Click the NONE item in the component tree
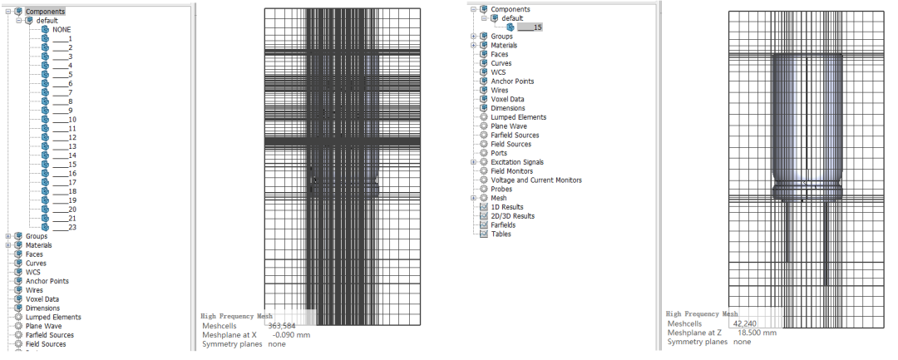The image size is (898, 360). coord(62,30)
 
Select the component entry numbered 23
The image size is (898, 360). coord(64,227)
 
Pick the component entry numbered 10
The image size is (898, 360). coord(64,120)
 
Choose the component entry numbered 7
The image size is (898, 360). coord(62,93)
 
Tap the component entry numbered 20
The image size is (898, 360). coord(64,210)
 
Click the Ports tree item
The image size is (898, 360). coord(499,153)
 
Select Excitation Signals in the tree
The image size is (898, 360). coord(517,163)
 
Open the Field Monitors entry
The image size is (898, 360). coord(512,171)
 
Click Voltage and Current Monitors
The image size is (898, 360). coord(536,180)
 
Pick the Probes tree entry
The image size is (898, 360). coord(501,190)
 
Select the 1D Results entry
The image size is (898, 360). coord(507,207)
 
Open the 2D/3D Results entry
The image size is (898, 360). coord(512,216)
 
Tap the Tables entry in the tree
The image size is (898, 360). coord(501,234)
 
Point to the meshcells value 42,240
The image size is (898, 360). coord(744,324)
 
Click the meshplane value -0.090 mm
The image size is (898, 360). coord(291,335)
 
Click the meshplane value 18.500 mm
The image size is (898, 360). coord(757,333)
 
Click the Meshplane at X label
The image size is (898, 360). coord(229,335)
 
